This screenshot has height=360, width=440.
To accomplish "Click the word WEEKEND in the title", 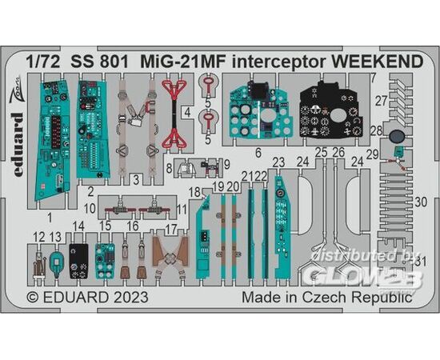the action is (378, 62).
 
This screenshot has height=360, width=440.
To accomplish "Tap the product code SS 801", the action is (100, 62).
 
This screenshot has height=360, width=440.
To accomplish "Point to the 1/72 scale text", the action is (43, 62).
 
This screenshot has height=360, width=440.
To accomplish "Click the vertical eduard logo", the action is (18, 145).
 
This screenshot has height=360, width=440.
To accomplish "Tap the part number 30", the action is (421, 202).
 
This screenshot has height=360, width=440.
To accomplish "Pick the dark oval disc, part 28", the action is (397, 137).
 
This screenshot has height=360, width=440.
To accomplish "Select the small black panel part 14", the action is (78, 262).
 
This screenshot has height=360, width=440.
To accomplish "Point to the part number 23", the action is (279, 162).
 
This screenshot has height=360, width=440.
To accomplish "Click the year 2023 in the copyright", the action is (131, 297).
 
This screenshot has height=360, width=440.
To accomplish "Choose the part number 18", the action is (194, 193).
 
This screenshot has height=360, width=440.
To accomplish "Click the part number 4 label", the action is (187, 113).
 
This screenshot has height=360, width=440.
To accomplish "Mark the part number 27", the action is (382, 101).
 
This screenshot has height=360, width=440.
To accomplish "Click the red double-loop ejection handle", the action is (174, 114).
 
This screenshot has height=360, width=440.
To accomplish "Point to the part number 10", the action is (90, 209).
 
